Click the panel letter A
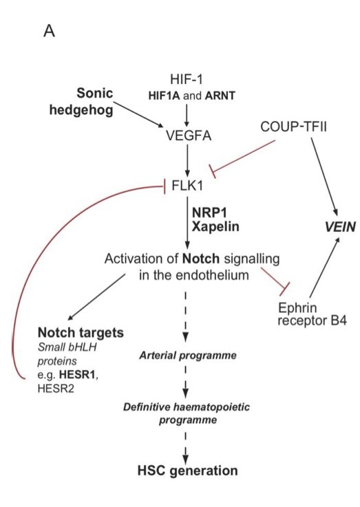[x=49, y=31]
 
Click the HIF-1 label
[x=187, y=79]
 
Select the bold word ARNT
[x=220, y=96]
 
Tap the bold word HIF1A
[x=164, y=96]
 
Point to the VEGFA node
[x=189, y=136]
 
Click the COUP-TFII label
[x=293, y=127]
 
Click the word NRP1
[x=209, y=213]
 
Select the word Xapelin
[x=215, y=226]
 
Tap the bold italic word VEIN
[x=340, y=227]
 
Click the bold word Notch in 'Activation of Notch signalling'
[x=201, y=259]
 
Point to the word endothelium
[x=212, y=275]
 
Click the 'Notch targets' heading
[x=81, y=332]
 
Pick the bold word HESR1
[x=77, y=375]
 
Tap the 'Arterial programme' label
[x=188, y=356]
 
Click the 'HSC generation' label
[x=188, y=471]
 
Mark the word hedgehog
[x=81, y=110]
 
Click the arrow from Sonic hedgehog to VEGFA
[x=139, y=114]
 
